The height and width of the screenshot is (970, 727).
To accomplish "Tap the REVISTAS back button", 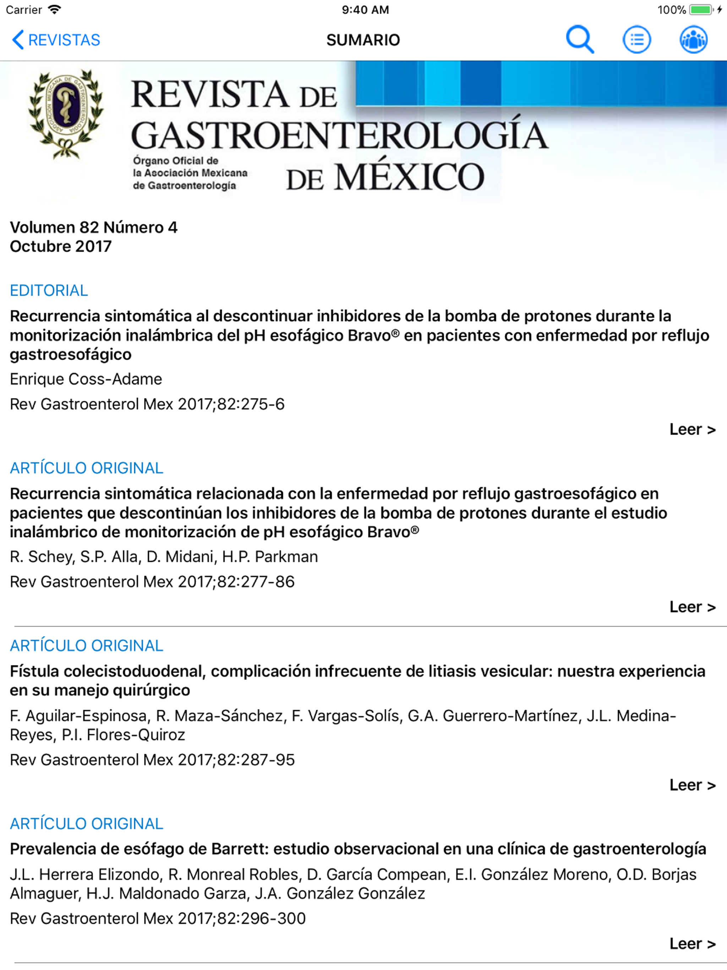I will click(56, 40).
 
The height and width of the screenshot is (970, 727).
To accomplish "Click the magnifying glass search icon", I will click(580, 39).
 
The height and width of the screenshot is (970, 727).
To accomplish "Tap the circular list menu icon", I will click(637, 40).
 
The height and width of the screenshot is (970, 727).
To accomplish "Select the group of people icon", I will click(693, 40).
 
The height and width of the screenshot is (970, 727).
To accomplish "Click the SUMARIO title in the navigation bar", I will click(363, 40).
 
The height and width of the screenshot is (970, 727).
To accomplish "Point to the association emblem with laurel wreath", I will click(66, 113).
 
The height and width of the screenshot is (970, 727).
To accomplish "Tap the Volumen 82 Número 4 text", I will click(93, 227).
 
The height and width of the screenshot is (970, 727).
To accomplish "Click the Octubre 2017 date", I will click(60, 246).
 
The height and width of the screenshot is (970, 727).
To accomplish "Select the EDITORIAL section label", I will click(49, 290).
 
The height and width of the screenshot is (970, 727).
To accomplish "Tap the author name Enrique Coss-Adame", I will click(86, 379).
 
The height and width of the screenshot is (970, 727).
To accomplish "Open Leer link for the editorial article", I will click(692, 429).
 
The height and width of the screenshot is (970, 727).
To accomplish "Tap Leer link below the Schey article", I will click(692, 607).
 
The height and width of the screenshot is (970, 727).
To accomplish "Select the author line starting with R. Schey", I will click(164, 556).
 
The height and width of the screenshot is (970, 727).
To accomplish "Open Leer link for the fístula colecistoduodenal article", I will click(692, 785).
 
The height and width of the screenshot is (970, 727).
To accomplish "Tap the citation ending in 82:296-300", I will click(157, 918).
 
